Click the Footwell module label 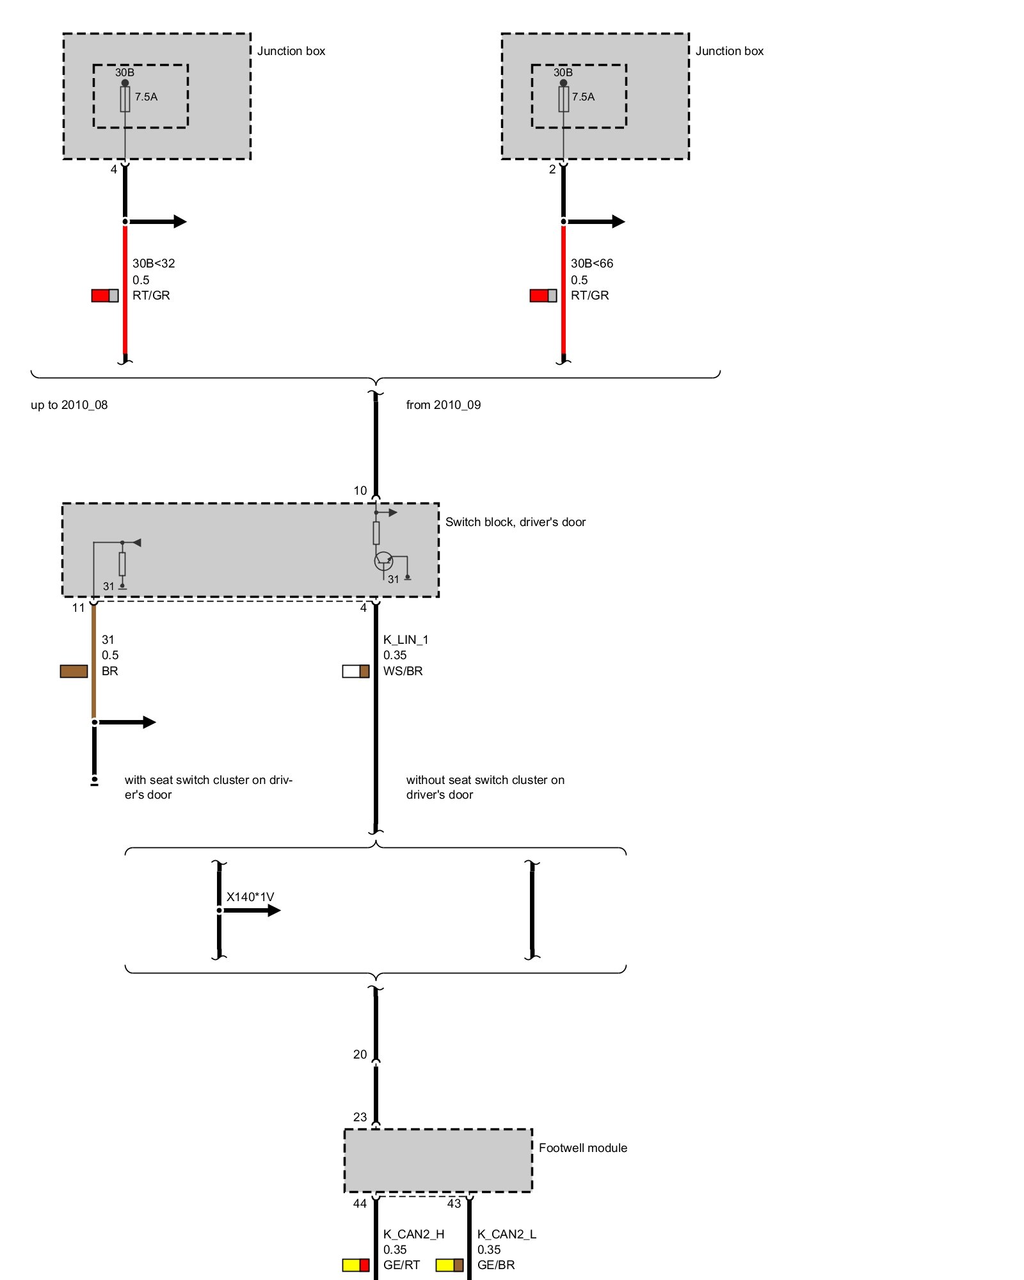582,1148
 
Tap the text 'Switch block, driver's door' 515,522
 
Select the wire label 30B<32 154,263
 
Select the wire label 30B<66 592,263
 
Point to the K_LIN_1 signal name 406,639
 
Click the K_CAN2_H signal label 413,1234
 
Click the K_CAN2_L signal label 507,1234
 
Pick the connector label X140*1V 250,897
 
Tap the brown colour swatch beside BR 74,671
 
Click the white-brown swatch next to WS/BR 356,671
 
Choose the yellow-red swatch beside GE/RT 356,1265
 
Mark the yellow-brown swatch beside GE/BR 449,1265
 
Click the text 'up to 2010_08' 69,404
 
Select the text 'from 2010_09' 444,404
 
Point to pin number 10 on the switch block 360,491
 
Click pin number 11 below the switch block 78,608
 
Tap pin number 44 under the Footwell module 360,1204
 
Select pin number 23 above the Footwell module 360,1117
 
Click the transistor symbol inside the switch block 383,561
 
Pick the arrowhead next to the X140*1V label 274,910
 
